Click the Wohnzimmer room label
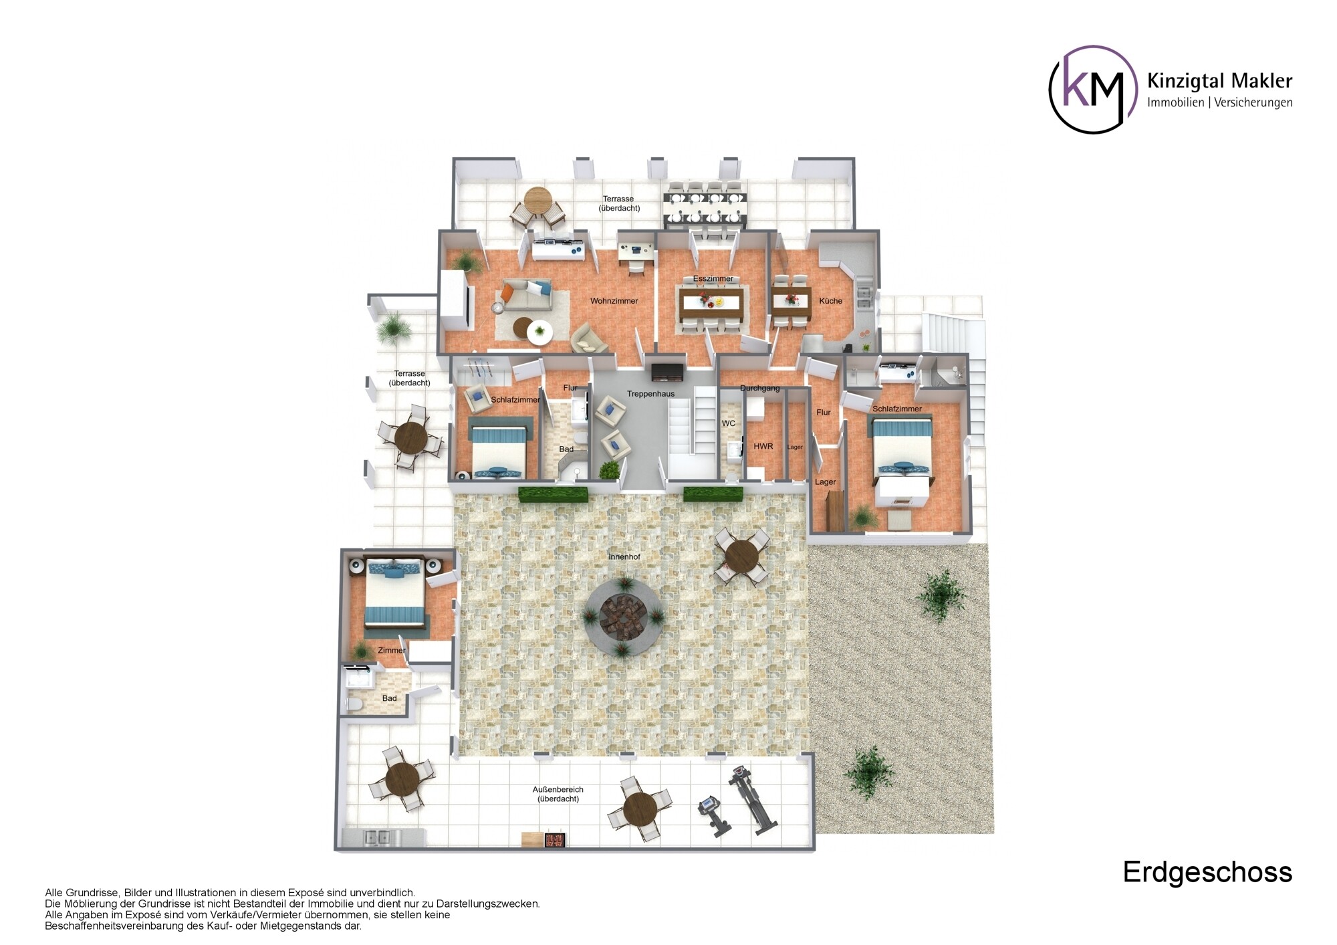coord(614,301)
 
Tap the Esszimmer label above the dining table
coord(713,279)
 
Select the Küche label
coord(830,301)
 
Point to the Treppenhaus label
coord(650,394)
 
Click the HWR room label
coord(763,446)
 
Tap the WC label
coord(728,423)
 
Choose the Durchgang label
coord(760,388)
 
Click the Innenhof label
coord(624,556)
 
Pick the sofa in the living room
coord(527,296)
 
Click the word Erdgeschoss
coord(1207,872)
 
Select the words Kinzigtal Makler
coord(1219,81)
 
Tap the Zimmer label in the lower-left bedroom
coord(391,650)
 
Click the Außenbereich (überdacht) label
coord(558,794)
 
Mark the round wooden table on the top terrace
coord(537,199)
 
